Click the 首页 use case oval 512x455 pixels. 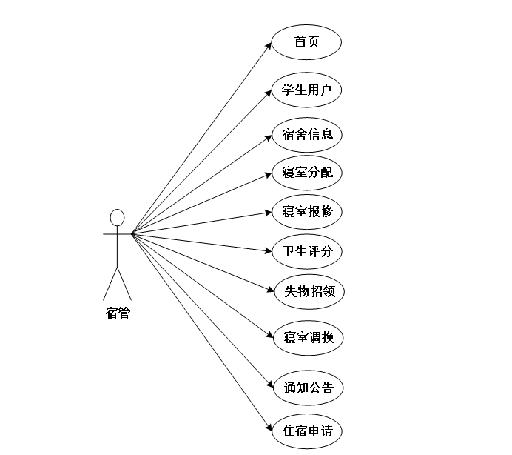coord(306,42)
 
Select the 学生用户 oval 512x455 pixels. coord(306,90)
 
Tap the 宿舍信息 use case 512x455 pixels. coord(307,134)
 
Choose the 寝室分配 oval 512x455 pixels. coord(307,173)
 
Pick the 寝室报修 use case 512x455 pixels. coord(307,211)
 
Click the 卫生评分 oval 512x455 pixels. coord(307,250)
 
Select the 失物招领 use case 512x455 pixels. coord(309,290)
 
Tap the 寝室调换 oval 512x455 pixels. coord(309,337)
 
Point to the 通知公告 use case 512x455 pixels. coord(309,387)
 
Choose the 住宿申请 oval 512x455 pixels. coord(307,431)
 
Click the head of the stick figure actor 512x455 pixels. coord(117,217)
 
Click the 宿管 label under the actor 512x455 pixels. coord(117,312)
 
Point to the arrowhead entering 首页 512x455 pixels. coord(269,45)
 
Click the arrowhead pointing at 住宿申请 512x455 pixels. coord(269,428)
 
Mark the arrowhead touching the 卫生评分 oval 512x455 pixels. coord(268,250)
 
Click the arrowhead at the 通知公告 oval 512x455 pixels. coord(269,385)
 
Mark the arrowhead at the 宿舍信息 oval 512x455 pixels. coord(269,136)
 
